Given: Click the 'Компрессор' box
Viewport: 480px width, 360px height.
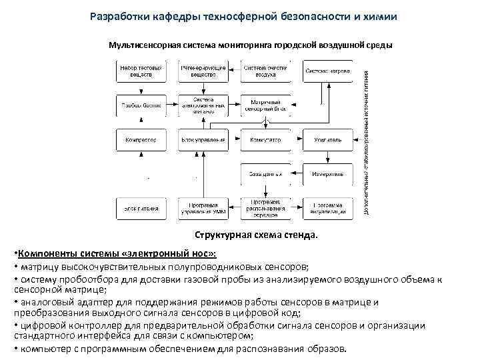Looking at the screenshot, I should [141, 140].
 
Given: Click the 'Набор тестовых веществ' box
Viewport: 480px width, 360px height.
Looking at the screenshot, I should [141, 71].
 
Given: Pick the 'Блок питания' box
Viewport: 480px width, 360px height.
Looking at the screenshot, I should [141, 209].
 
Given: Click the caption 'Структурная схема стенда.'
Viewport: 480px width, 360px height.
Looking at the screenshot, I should [257, 235].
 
